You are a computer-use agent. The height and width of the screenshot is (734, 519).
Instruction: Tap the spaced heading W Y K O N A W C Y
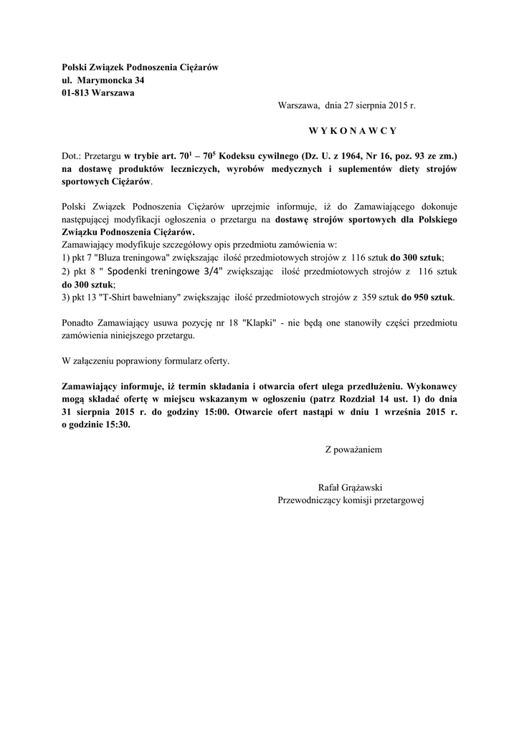(x=353, y=130)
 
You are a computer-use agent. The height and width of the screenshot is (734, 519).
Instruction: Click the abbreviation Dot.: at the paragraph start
(x=72, y=156)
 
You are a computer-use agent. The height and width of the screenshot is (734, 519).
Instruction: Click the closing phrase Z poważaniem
(x=353, y=450)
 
